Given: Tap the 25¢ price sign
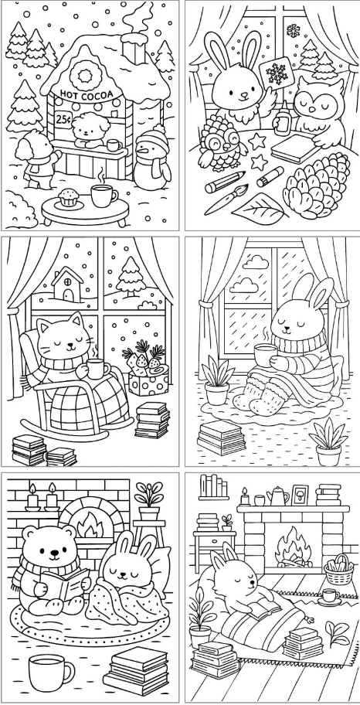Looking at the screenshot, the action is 63,119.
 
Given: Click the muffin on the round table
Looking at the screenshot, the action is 69,197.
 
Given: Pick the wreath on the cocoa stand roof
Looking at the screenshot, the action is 84,74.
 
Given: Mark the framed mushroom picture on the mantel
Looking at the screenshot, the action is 300,495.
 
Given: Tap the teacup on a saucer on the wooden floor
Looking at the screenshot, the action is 329,596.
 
